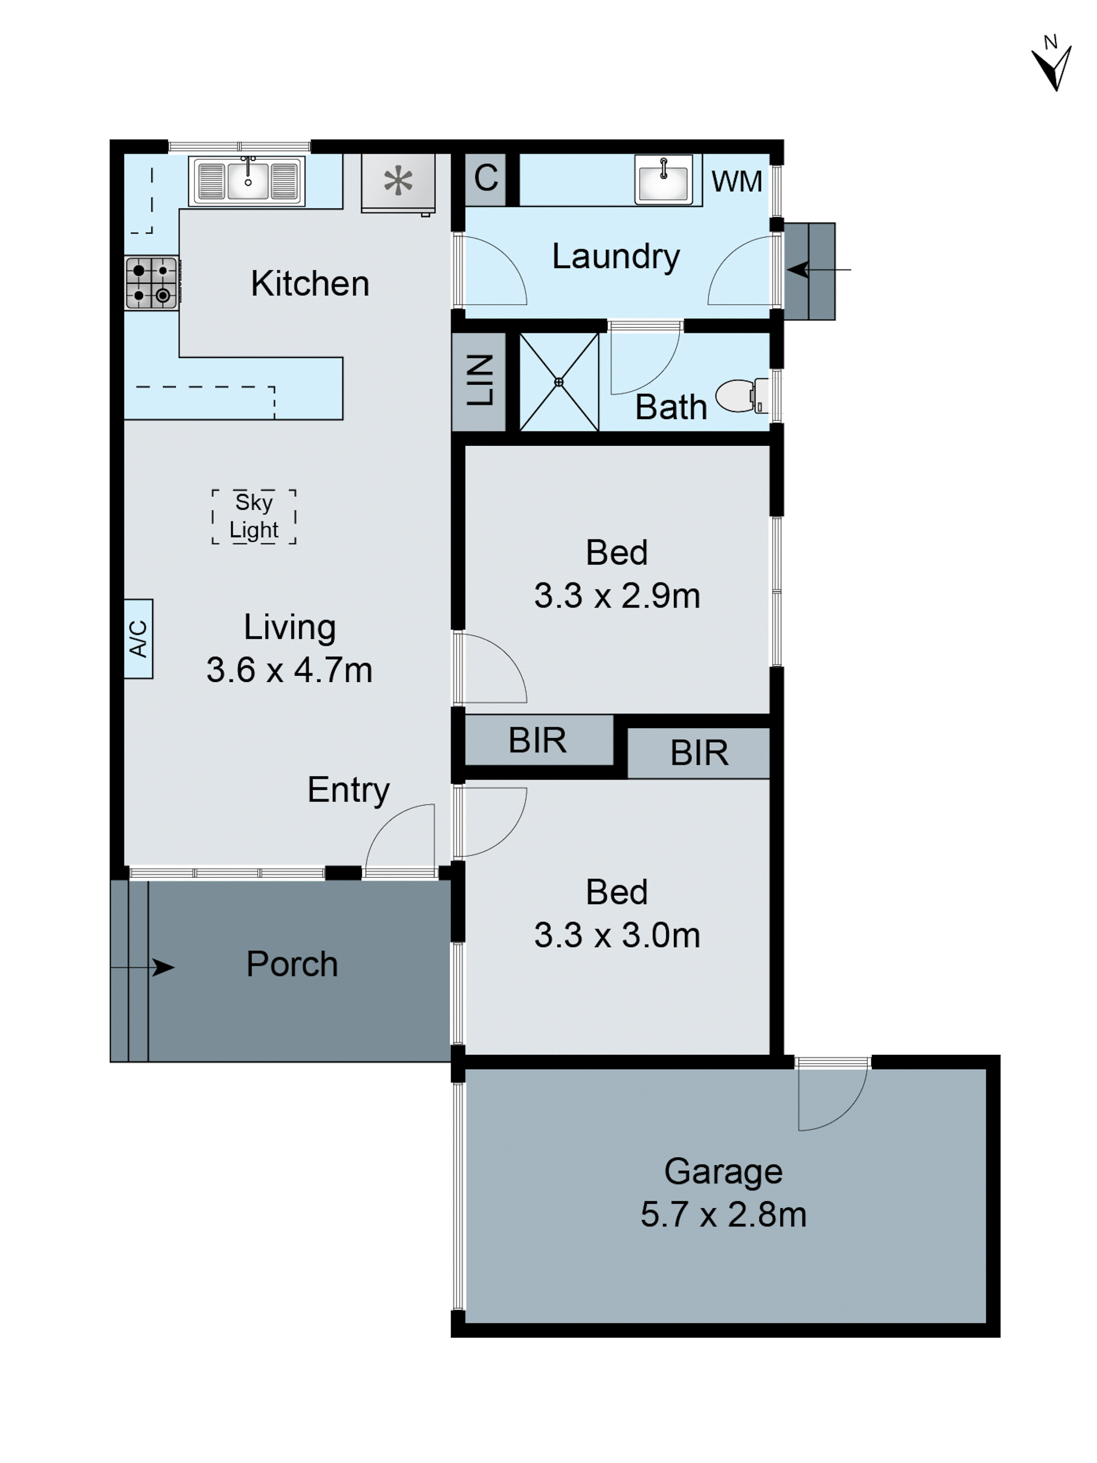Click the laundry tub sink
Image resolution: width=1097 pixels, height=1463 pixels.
(x=663, y=178)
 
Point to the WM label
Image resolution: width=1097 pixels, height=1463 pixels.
(x=736, y=182)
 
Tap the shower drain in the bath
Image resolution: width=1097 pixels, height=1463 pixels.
(x=559, y=382)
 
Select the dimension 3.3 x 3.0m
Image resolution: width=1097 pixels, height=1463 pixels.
(x=617, y=935)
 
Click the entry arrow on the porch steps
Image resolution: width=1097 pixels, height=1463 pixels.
(x=159, y=968)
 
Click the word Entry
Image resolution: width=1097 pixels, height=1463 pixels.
(x=348, y=790)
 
